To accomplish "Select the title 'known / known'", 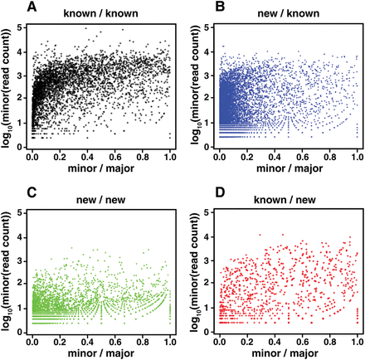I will click(100, 15).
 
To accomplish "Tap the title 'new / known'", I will click(288, 15).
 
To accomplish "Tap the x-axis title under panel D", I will click(288, 352).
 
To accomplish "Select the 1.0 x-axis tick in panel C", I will click(171, 338).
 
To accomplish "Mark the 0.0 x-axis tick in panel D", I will click(218, 338).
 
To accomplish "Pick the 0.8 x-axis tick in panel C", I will click(143, 338).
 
